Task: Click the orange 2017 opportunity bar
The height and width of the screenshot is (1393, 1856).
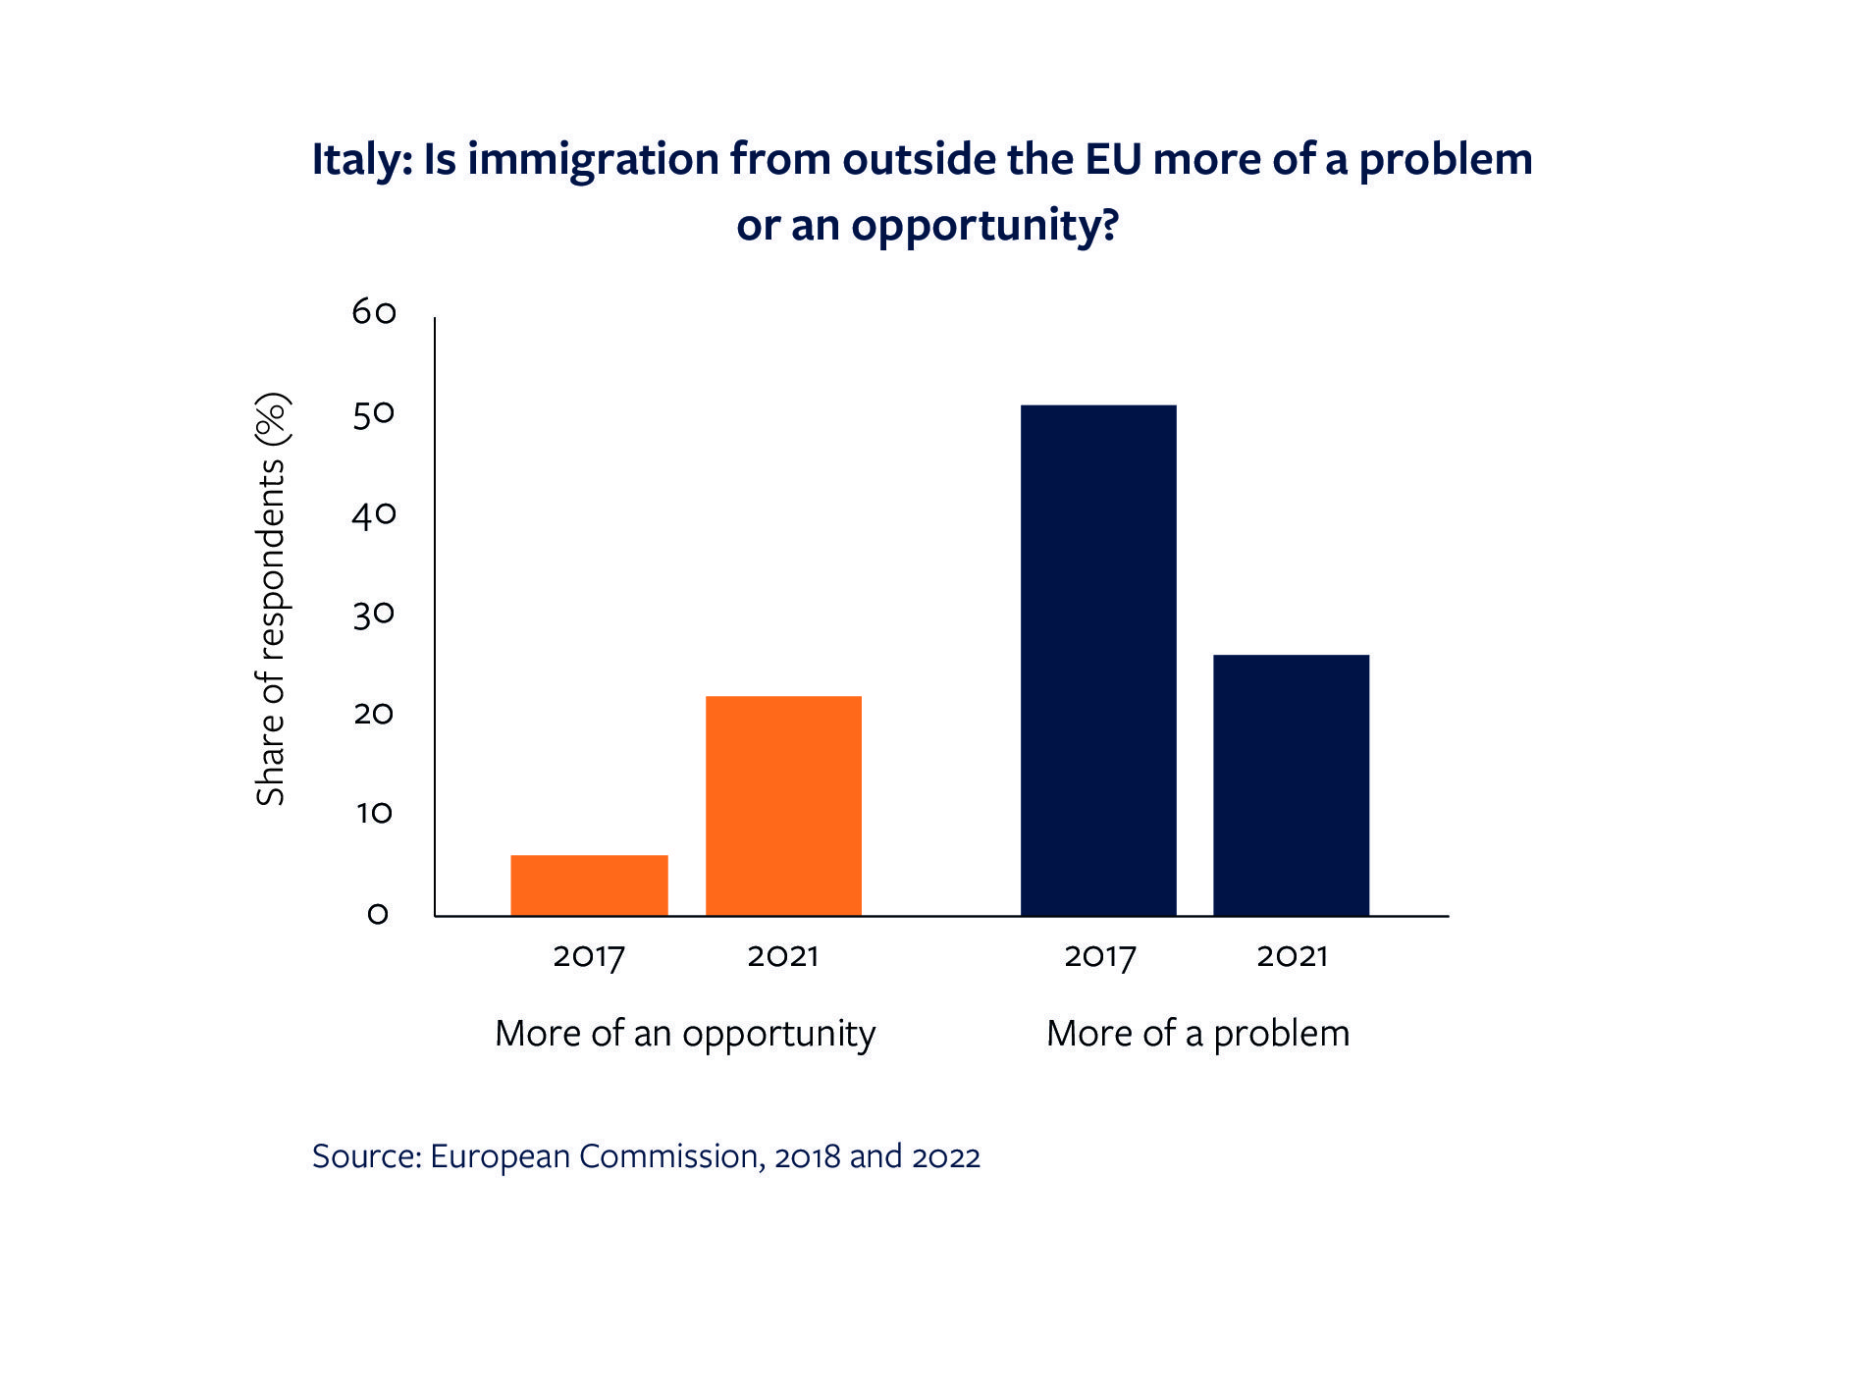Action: pyautogui.click(x=589, y=885)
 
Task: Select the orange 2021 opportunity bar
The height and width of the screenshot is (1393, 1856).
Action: pyautogui.click(x=783, y=806)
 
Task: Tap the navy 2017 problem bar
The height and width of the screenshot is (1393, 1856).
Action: pyautogui.click(x=1098, y=660)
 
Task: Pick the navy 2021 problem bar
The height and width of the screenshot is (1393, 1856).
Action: pyautogui.click(x=1291, y=785)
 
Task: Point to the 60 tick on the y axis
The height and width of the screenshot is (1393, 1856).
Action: pyautogui.click(x=374, y=312)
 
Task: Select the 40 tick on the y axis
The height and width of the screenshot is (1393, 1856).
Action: pyautogui.click(x=374, y=514)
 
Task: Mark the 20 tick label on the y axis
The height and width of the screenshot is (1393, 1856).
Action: pyautogui.click(x=374, y=714)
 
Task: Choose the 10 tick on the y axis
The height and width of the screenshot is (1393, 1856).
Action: pyautogui.click(x=374, y=813)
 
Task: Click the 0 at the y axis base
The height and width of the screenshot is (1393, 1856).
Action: pyautogui.click(x=378, y=914)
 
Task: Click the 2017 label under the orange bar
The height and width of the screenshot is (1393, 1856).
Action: pyautogui.click(x=589, y=956)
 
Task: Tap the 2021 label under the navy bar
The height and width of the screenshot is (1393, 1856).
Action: pyautogui.click(x=1292, y=956)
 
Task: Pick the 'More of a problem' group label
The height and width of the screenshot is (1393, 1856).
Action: pyautogui.click(x=1197, y=1034)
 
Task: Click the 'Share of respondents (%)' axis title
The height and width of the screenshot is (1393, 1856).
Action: pyautogui.click(x=271, y=599)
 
